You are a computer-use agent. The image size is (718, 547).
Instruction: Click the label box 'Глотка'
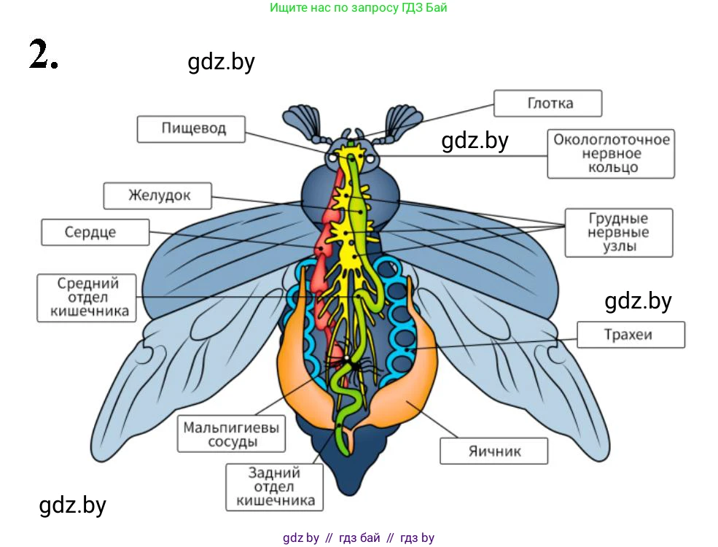548,104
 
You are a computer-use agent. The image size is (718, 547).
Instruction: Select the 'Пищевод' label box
193,129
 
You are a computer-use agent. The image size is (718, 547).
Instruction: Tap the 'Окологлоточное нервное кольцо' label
611,153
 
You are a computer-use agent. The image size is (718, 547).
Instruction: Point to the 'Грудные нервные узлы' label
618,233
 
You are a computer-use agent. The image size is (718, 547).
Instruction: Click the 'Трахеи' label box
631,335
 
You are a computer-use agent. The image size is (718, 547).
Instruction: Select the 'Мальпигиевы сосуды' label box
232,434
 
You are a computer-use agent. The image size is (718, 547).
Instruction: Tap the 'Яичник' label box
494,451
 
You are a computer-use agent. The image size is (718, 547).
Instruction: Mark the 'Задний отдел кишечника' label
274,486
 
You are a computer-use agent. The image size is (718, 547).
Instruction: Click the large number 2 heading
42,54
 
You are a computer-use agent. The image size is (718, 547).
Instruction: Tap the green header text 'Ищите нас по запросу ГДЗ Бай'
358,9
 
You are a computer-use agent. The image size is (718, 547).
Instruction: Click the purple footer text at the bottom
358,538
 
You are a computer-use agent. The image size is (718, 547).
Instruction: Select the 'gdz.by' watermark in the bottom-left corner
72,505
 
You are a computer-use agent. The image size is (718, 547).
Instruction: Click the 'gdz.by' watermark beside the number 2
221,62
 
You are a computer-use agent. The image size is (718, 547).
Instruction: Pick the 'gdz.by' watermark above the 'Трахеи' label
638,300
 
